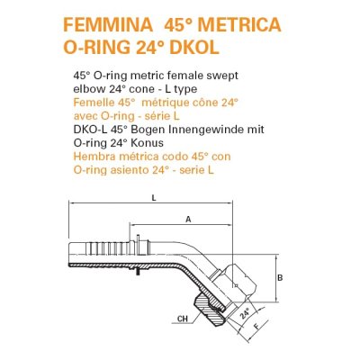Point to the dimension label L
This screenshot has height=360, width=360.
[155, 197]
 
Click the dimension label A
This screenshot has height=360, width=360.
[186, 219]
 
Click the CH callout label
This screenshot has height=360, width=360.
[183, 319]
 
